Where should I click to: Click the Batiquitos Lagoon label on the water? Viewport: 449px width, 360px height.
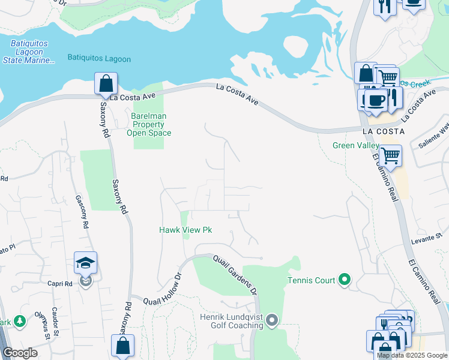coord(99,59)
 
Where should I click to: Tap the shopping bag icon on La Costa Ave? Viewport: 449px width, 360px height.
coord(106,83)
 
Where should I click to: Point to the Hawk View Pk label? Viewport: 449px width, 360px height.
coord(185,230)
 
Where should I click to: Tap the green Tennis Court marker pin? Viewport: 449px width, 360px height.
coord(344,279)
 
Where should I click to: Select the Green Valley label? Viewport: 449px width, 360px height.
coord(356,145)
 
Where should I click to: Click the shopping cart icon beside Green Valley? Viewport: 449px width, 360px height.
coord(391,155)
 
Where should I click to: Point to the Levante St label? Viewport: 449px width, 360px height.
coord(426,241)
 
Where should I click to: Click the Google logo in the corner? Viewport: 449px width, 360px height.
coord(20,353)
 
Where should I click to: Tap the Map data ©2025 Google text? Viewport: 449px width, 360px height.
coord(412,355)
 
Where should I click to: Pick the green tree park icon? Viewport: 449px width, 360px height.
coord(19,322)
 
